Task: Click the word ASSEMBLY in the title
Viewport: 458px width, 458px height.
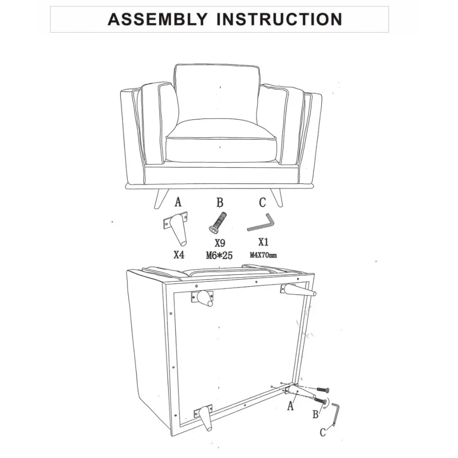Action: [x=158, y=19]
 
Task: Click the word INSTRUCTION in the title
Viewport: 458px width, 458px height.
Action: [x=279, y=19]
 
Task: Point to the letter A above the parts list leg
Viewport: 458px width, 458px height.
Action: [x=178, y=202]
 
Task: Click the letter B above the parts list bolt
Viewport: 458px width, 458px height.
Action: [x=220, y=202]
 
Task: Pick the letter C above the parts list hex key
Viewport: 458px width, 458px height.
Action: [x=262, y=202]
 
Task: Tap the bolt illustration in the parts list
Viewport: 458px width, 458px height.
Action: [x=218, y=223]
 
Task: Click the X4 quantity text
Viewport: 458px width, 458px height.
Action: [x=179, y=255]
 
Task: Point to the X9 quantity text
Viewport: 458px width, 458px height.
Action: [x=220, y=243]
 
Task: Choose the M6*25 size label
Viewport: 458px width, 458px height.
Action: [x=219, y=256]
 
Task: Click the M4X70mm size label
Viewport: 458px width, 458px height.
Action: [x=263, y=255]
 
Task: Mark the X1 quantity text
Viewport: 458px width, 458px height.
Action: [x=263, y=242]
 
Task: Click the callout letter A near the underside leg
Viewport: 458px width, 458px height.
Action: [x=290, y=406]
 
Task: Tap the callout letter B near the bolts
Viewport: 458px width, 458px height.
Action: [x=316, y=414]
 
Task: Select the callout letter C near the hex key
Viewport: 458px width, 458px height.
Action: [x=323, y=432]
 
